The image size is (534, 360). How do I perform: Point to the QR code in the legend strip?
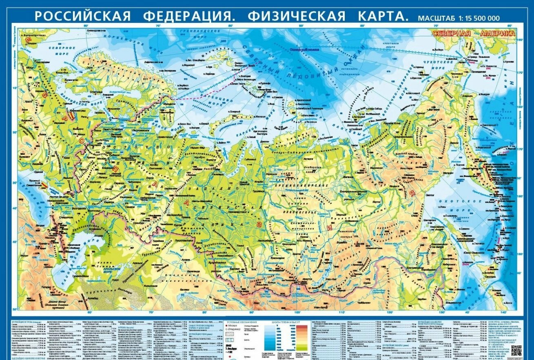tap(516, 350)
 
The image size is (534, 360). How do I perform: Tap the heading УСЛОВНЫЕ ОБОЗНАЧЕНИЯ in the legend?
tap(242, 322)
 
